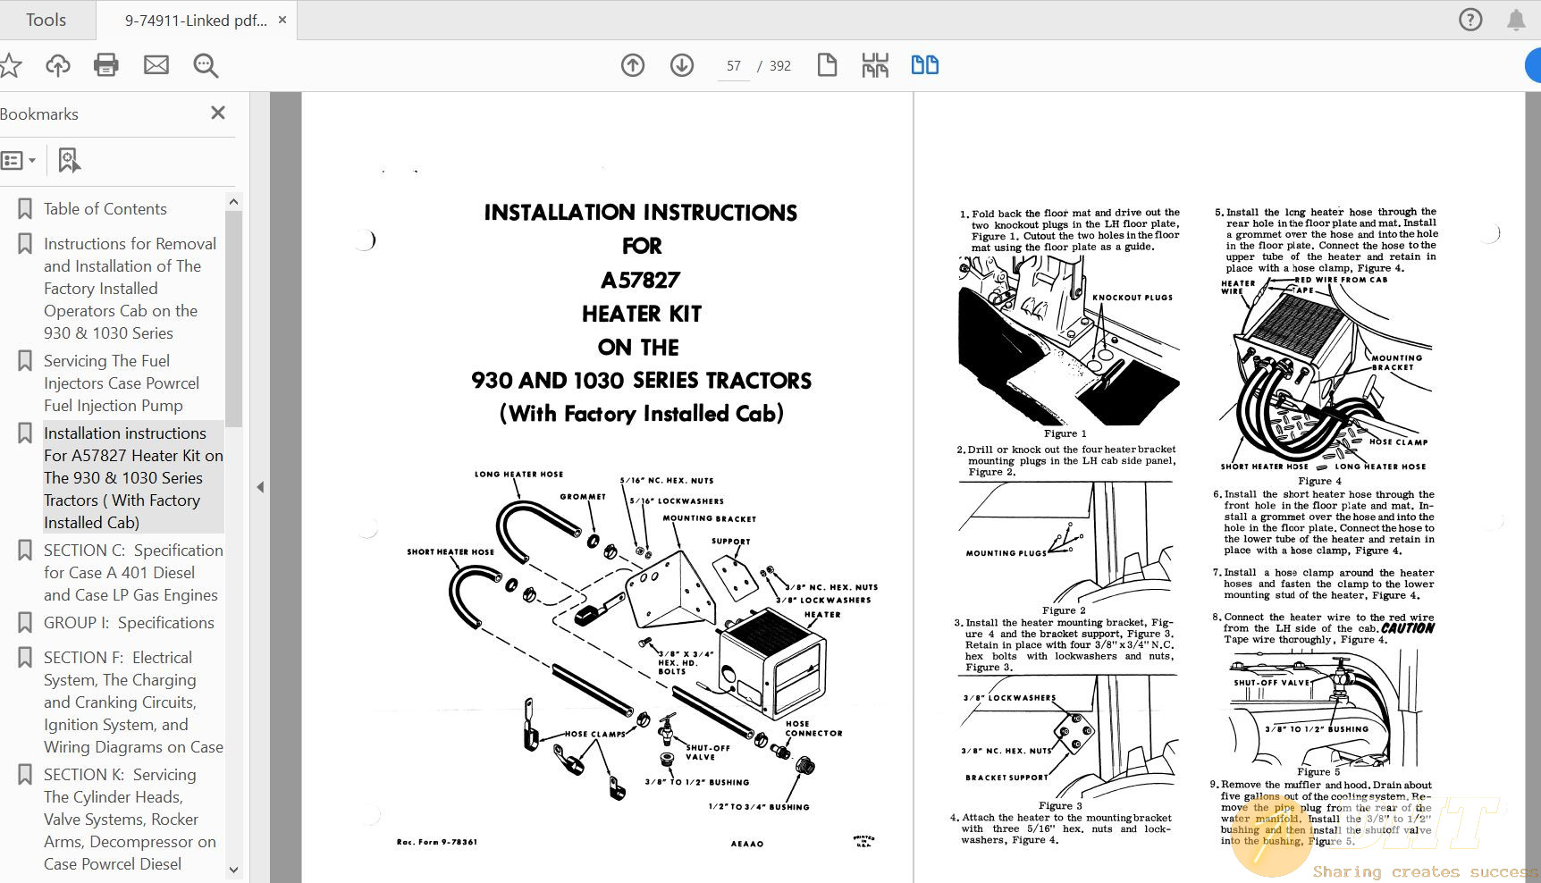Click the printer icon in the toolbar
[x=106, y=64]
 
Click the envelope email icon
[x=156, y=64]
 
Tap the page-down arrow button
[x=682, y=64]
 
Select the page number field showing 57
[x=734, y=66]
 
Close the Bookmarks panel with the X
[x=217, y=113]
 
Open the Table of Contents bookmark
[x=105, y=209]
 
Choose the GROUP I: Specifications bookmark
[x=129, y=623]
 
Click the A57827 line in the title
[x=640, y=281]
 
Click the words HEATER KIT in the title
[x=641, y=314]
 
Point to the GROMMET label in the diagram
[x=583, y=496]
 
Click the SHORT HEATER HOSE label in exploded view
[x=451, y=551]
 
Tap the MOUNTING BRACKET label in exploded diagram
[x=709, y=518]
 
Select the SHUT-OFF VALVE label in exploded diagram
[x=707, y=753]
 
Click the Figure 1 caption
[x=1065, y=433]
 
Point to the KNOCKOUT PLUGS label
[x=1132, y=298]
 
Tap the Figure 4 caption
[x=1319, y=481]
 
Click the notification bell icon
[x=1516, y=20]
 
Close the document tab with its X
[x=282, y=20]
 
